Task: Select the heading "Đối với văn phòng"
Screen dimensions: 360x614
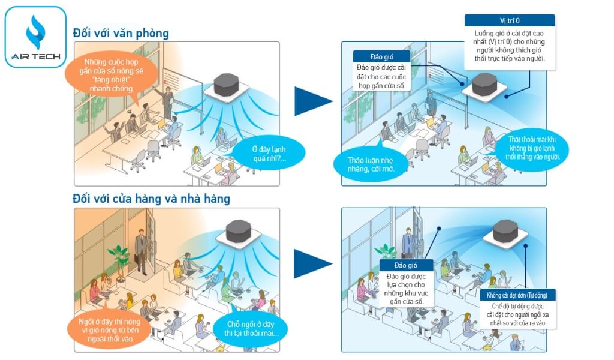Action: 121,33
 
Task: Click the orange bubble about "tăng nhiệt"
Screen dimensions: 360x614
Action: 112,75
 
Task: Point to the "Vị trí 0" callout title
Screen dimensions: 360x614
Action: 509,20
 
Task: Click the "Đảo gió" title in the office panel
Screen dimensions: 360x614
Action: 381,56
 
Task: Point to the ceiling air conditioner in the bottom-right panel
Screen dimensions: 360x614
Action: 505,232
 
